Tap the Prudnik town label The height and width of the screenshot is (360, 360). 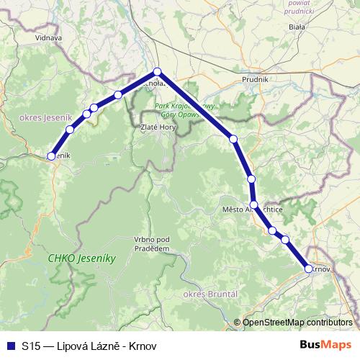[x=255, y=78]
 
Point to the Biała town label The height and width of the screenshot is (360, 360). [x=296, y=27]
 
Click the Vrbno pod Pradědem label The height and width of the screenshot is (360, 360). [x=151, y=243]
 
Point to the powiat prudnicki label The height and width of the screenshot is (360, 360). [x=298, y=6]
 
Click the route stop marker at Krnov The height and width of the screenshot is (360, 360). [x=309, y=269]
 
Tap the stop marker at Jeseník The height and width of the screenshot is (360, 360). [x=52, y=155]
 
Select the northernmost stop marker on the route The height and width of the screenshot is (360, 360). [x=157, y=71]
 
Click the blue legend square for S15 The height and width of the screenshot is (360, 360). [x=9, y=345]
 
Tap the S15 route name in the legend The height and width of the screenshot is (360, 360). [x=89, y=346]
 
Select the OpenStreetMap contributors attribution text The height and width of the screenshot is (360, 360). [x=293, y=323]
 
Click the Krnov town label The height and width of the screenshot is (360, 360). [x=321, y=269]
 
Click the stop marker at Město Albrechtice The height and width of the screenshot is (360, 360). [x=254, y=205]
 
